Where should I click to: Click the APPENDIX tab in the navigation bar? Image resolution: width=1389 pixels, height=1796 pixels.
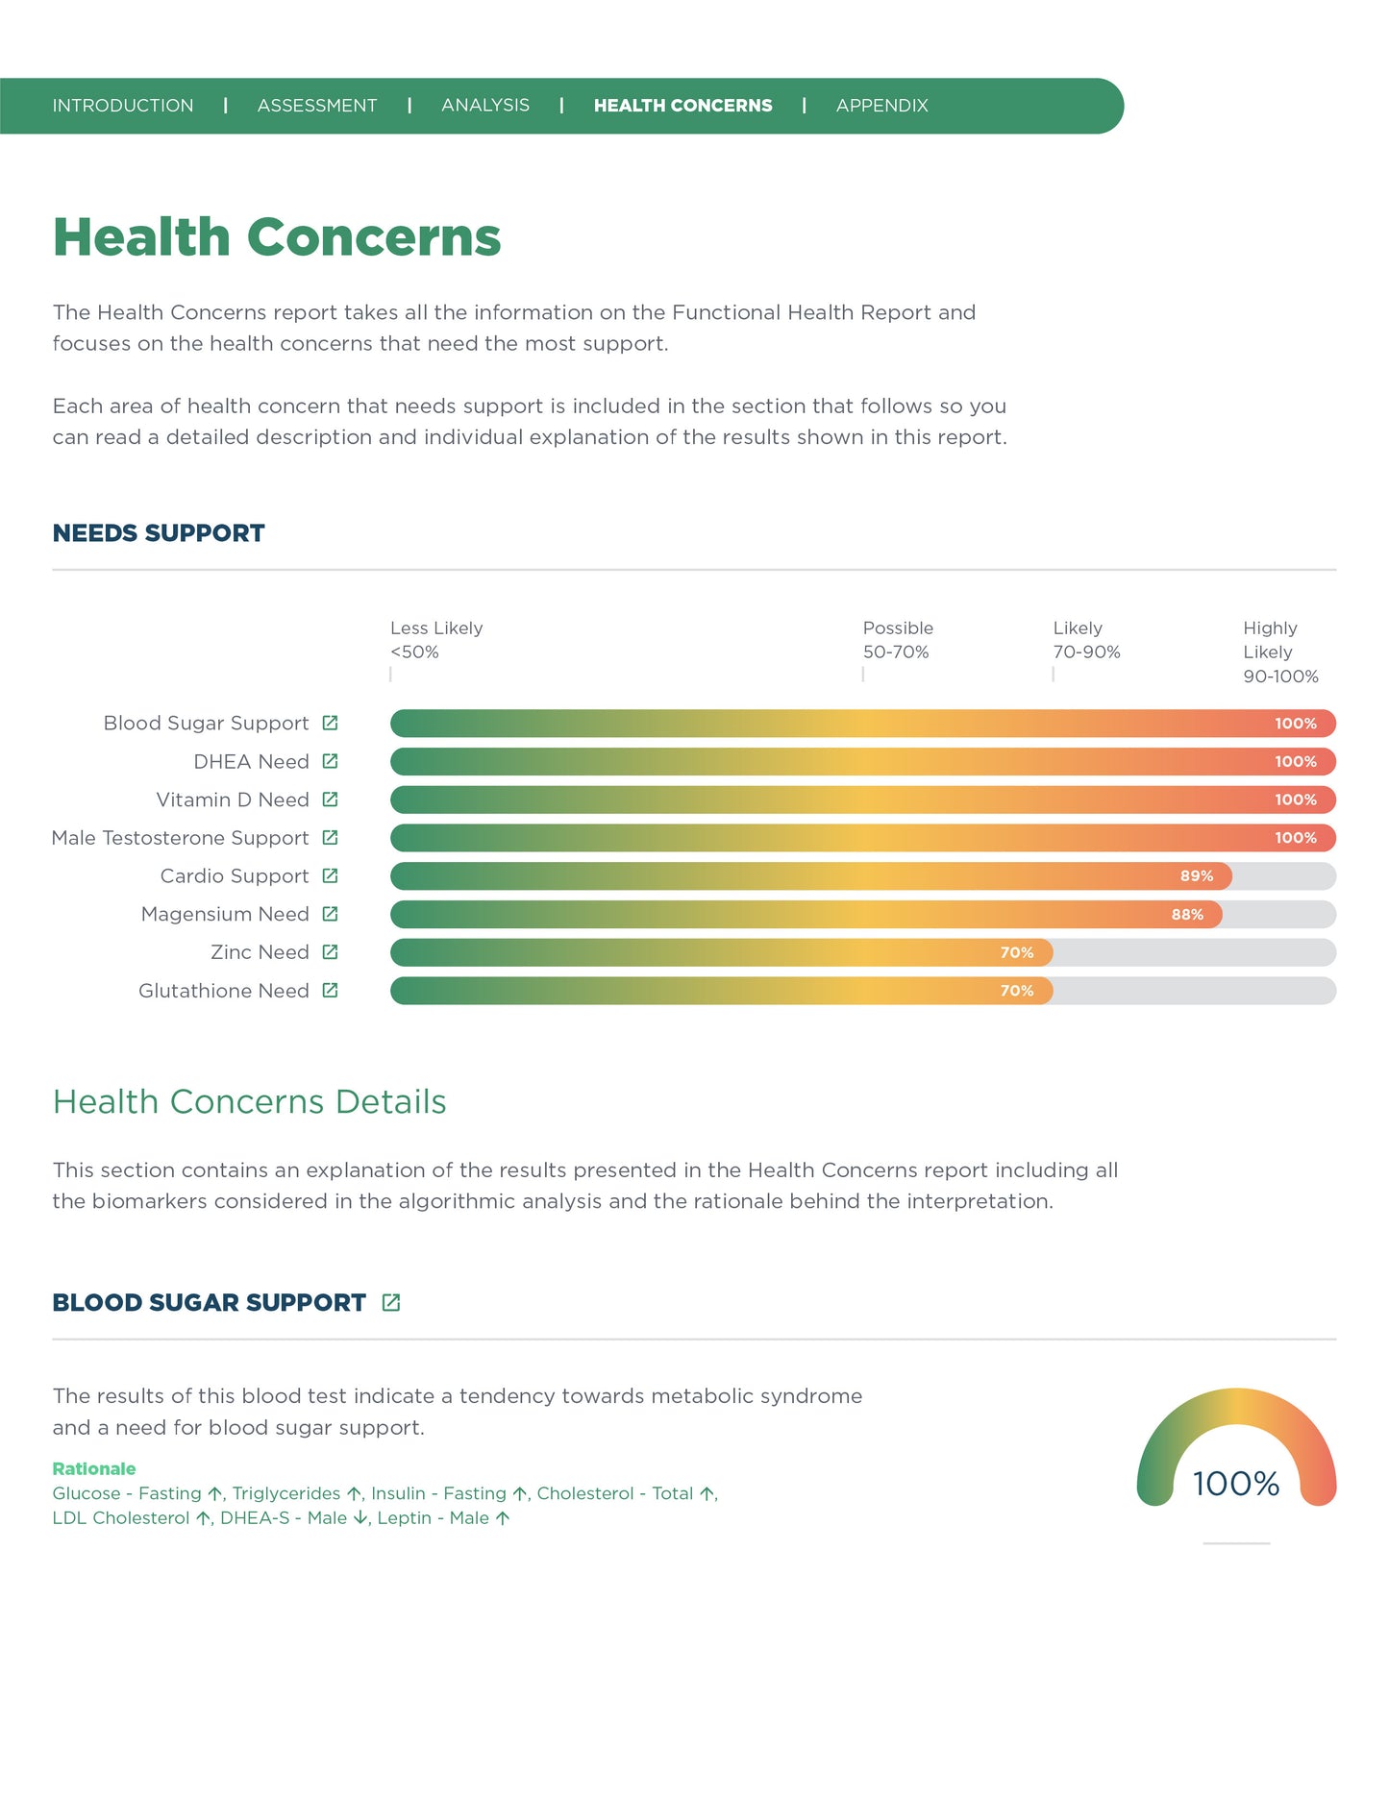click(881, 106)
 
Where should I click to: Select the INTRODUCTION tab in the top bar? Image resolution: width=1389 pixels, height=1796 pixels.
click(123, 106)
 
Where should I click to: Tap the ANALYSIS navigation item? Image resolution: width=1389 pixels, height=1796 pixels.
click(485, 106)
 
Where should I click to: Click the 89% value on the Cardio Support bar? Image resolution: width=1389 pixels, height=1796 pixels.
click(1197, 876)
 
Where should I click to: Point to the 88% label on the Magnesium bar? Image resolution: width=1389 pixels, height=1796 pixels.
click(1187, 915)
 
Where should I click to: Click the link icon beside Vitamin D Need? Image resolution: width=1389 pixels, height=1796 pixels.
click(330, 800)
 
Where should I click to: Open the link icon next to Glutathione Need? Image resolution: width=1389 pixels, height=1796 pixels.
click(330, 991)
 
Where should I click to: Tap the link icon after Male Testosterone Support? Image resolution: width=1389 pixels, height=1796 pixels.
click(330, 838)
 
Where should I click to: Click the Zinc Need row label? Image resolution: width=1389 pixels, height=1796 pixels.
click(260, 952)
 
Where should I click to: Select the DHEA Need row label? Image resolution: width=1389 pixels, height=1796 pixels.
click(251, 762)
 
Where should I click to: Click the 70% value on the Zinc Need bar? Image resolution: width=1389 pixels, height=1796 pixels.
click(1016, 953)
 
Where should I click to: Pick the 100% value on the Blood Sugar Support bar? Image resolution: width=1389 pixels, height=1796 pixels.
click(1295, 724)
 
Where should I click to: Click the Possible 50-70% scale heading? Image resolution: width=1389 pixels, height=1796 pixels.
click(897, 640)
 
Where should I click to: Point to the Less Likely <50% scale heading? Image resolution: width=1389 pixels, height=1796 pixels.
click(436, 640)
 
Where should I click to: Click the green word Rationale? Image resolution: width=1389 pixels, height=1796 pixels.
click(94, 1468)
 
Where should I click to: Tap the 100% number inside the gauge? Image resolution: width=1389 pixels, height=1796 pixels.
click(1236, 1484)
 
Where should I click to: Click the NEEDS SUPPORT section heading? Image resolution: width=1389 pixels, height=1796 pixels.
click(159, 533)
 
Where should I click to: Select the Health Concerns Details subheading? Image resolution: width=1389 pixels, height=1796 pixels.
click(250, 1102)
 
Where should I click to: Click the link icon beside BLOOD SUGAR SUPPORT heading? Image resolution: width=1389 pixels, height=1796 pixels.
click(391, 1303)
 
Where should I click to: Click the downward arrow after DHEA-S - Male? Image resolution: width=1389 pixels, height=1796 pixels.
click(360, 1518)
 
